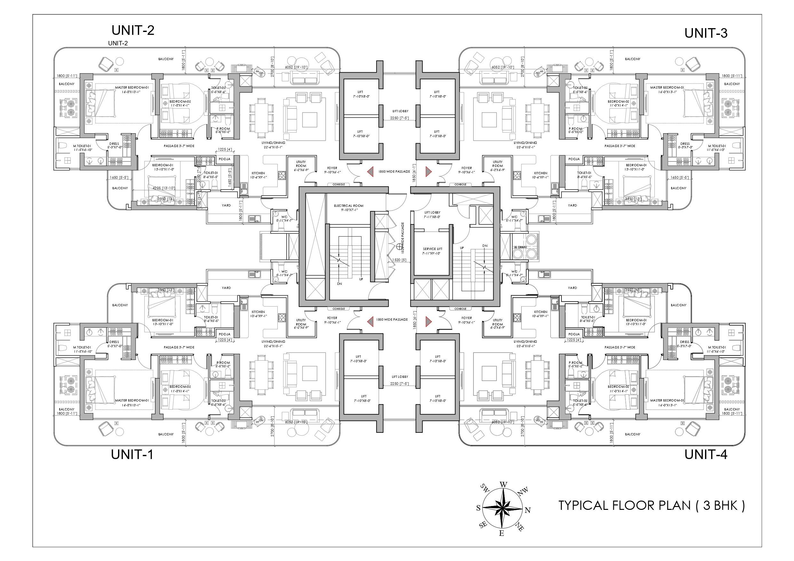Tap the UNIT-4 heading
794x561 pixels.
point(706,454)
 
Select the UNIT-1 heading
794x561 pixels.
point(132,454)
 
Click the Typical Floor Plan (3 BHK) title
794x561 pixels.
point(652,506)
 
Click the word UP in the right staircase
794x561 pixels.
point(462,248)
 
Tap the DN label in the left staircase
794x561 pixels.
point(340,284)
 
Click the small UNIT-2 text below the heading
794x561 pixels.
point(118,43)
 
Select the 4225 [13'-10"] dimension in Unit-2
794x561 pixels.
point(163,188)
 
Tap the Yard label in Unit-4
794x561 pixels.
point(572,288)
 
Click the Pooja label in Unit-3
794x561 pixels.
point(574,159)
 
